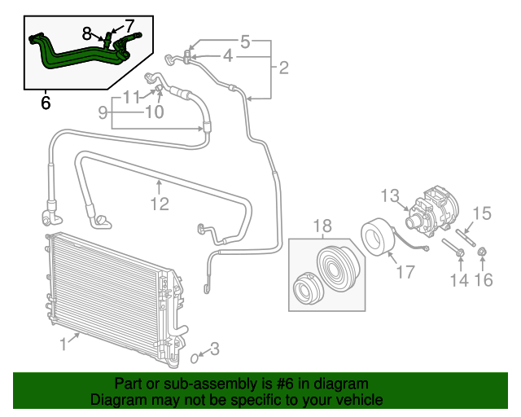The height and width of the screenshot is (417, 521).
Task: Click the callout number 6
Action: click(46, 103)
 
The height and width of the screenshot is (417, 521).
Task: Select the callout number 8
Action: click(87, 33)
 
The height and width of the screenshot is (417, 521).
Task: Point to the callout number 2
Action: click(283, 68)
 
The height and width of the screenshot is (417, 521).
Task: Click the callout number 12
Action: click(159, 204)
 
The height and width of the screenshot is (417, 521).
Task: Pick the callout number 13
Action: click(390, 195)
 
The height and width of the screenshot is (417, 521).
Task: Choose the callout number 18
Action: click(322, 225)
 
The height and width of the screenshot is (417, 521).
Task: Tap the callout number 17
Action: click(405, 271)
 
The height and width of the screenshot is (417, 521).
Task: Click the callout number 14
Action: click(459, 281)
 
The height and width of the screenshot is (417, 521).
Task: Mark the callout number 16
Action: click(484, 281)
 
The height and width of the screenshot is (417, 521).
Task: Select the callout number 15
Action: click(482, 214)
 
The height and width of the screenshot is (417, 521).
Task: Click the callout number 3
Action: click(214, 350)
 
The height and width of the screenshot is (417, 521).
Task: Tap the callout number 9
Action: click(103, 113)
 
